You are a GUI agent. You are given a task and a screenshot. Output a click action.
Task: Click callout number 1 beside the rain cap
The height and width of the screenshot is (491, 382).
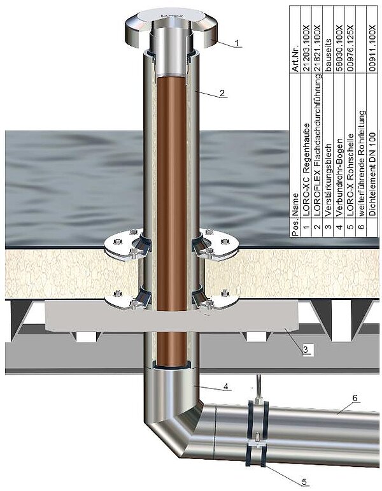pyautogui.click(x=237, y=43)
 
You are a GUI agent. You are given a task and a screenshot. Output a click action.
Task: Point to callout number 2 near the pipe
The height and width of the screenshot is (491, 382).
pyautogui.click(x=222, y=93)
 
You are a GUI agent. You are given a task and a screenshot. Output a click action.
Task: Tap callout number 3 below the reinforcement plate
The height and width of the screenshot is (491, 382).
pyautogui.click(x=306, y=349)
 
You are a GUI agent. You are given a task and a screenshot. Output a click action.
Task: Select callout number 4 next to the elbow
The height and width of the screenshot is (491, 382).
pyautogui.click(x=226, y=387)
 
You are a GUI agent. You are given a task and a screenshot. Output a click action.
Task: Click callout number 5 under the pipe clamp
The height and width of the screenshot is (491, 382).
pyautogui.click(x=304, y=481)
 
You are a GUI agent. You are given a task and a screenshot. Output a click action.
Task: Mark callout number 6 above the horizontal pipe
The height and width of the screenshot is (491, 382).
pyautogui.click(x=355, y=398)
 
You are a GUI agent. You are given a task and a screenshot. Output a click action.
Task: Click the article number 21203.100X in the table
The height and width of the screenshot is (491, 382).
pyautogui.click(x=306, y=48)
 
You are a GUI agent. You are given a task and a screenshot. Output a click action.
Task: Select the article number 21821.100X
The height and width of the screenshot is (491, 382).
pyautogui.click(x=317, y=48)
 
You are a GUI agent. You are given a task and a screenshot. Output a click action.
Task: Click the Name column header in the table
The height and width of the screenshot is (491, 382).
pyautogui.click(x=295, y=204)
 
